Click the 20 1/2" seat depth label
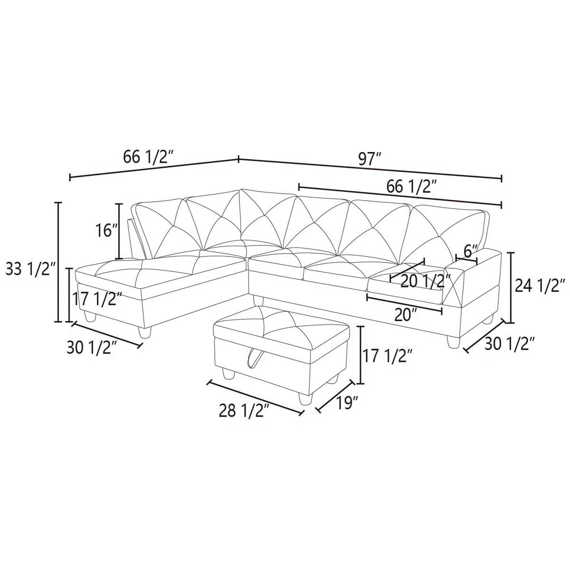pyautogui.click(x=425, y=281)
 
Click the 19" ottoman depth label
pyautogui.click(x=347, y=403)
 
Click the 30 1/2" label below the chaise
pyautogui.click(x=92, y=348)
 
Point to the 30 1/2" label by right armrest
pyautogui.click(x=510, y=343)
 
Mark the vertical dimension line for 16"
pyautogui.click(x=119, y=231)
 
